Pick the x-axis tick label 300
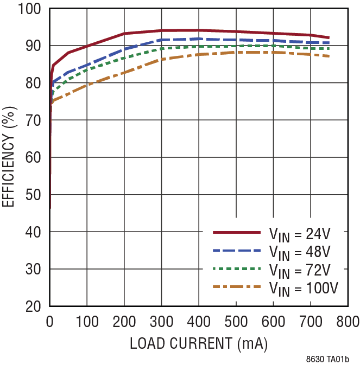click(161, 322)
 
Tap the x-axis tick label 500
click(236, 322)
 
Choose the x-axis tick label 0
click(50, 322)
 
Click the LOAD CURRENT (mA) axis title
click(198, 344)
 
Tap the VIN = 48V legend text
click(299, 252)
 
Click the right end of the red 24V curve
click(329, 38)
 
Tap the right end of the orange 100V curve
click(329, 56)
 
